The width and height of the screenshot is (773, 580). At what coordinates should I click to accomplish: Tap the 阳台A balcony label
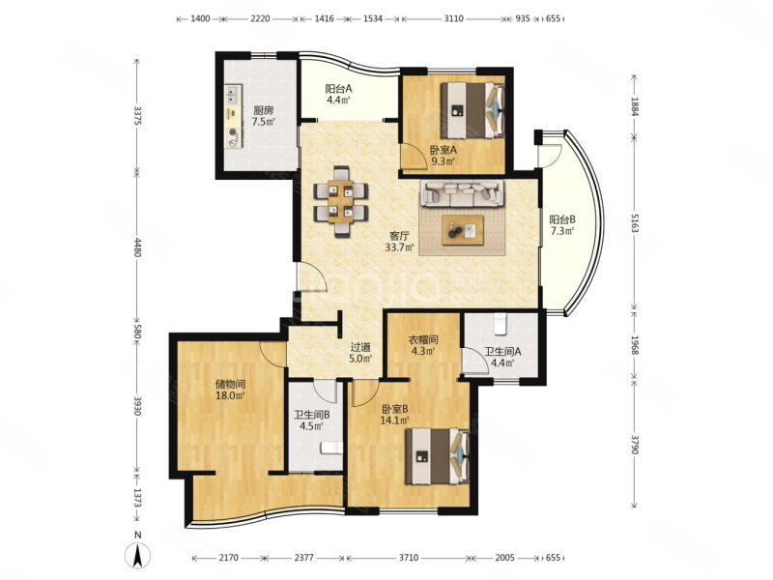click(x=338, y=89)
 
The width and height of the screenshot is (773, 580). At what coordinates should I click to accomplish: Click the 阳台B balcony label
click(x=562, y=219)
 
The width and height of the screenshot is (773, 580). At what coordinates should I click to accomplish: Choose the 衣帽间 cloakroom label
click(x=423, y=340)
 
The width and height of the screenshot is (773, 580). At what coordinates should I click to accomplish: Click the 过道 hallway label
click(x=360, y=347)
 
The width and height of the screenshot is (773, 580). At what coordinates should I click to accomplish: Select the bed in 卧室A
click(x=472, y=110)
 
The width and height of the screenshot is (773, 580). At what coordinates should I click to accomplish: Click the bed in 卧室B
click(x=437, y=456)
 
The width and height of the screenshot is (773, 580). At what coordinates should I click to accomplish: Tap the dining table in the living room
click(x=341, y=201)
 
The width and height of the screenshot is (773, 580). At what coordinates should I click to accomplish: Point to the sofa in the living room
click(x=462, y=193)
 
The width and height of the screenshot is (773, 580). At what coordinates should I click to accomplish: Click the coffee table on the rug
click(x=463, y=230)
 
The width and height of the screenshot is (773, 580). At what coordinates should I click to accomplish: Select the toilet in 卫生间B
click(x=331, y=448)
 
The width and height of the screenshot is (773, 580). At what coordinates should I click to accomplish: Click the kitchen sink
click(x=233, y=95)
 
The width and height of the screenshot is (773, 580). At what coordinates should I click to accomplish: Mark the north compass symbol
click(x=139, y=553)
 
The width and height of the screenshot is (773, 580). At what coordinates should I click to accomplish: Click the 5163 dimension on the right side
click(x=635, y=229)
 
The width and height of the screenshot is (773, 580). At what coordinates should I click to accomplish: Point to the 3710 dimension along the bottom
click(x=409, y=558)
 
